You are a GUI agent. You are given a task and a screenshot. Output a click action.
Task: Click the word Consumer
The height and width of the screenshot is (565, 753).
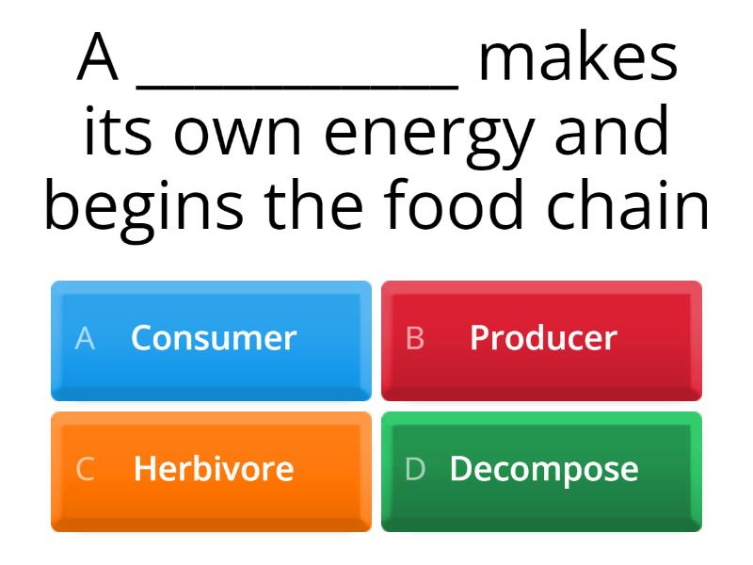214,338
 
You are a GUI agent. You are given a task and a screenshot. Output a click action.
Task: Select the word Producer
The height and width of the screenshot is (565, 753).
543,338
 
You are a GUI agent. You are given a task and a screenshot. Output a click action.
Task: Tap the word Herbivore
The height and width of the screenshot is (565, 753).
214,469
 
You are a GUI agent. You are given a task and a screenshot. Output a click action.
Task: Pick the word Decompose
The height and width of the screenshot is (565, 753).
544,469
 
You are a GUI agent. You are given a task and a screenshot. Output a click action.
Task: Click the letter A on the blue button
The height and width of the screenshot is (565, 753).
85,338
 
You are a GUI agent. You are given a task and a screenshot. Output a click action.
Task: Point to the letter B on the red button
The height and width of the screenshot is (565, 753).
414,338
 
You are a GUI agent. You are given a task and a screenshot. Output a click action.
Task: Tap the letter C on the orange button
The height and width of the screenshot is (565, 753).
85,469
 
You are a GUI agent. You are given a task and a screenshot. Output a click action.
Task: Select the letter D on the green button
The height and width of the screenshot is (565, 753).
415,469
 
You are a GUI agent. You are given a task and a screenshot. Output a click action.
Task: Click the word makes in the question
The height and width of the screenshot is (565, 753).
577,58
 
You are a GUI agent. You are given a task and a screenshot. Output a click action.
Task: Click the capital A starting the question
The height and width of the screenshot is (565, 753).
98,58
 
